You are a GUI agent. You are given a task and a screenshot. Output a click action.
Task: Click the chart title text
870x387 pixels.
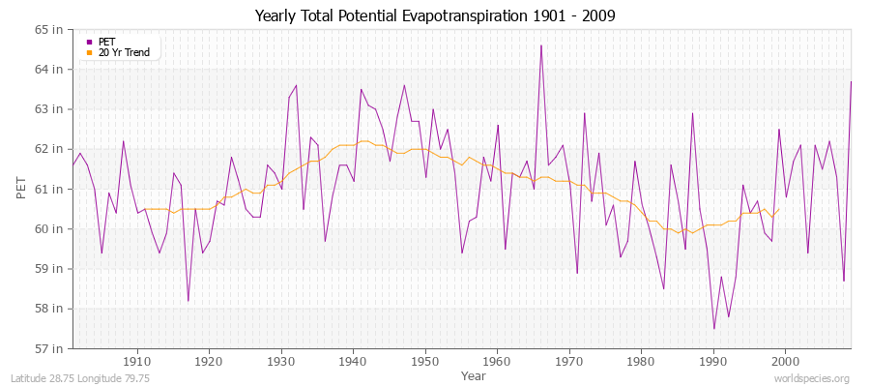tap(434, 15)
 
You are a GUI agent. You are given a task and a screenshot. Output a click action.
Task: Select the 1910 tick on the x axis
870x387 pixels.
tap(137, 361)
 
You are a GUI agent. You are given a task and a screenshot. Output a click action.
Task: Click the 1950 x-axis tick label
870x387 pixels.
tap(425, 361)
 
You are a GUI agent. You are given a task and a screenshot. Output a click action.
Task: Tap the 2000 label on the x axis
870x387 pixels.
tap(785, 361)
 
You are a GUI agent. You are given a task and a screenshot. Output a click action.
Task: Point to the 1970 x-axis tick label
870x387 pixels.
tap(569, 361)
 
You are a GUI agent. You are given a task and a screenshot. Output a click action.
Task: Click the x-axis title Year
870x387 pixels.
tap(474, 374)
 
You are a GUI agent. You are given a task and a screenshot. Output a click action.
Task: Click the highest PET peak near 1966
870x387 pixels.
tap(540, 45)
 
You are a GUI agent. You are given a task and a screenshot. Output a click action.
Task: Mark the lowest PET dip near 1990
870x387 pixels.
tap(714, 328)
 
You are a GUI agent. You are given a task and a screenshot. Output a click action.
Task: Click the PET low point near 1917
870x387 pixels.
tap(188, 300)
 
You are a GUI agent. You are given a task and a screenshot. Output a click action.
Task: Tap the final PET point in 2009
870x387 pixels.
tap(851, 81)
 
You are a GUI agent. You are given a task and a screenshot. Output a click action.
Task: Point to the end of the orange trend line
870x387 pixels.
tap(779, 208)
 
